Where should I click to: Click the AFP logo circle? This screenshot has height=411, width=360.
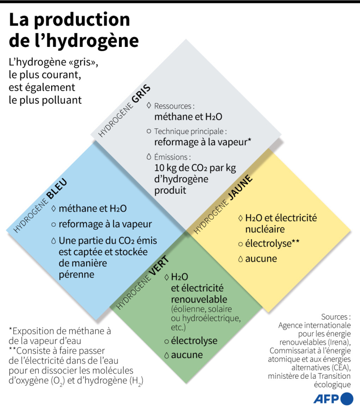347,398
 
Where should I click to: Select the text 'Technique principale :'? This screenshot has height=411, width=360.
190,131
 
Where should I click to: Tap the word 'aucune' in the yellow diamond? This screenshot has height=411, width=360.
261,259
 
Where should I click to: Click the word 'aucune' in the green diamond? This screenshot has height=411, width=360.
187,355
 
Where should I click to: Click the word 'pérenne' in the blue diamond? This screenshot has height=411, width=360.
76,274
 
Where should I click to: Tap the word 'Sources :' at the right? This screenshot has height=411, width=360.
336,317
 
